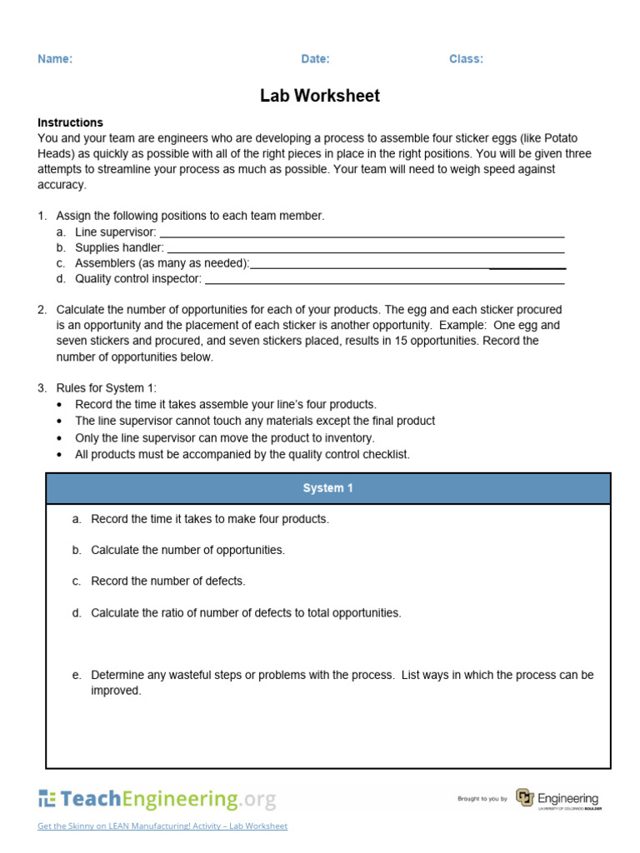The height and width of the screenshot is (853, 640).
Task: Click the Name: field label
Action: (x=55, y=59)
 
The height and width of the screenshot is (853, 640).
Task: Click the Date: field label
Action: (x=315, y=59)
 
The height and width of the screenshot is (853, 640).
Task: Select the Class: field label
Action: (x=466, y=59)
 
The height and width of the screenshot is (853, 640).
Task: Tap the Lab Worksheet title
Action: (x=320, y=96)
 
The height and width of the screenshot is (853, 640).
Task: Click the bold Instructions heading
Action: (x=70, y=122)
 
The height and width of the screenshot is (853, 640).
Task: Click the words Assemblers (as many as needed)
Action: (x=162, y=263)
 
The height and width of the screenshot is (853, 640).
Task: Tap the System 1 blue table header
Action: (x=328, y=488)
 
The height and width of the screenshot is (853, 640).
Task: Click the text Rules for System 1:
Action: (x=106, y=387)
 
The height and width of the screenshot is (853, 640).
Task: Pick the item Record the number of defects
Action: (x=167, y=581)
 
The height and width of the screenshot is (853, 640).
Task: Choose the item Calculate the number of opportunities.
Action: (x=187, y=550)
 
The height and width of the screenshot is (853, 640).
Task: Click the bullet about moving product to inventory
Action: (x=224, y=437)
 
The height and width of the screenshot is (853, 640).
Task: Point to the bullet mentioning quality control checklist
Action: (x=242, y=454)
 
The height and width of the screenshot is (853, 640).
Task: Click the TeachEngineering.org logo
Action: (x=157, y=800)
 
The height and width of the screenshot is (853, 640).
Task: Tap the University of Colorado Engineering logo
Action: (x=557, y=799)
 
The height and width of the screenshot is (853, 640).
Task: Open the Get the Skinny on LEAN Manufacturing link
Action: (x=162, y=826)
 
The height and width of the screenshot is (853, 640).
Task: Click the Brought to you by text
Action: (x=482, y=800)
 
